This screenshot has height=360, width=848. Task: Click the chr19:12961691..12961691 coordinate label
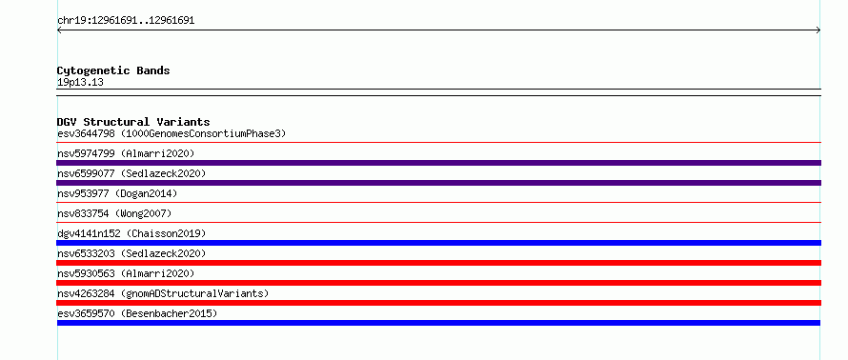tap(126, 21)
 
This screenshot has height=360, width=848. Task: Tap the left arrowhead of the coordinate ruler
tap(59, 30)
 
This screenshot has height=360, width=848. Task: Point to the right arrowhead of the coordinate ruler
tap(818, 30)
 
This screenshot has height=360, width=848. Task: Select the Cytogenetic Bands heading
tap(113, 70)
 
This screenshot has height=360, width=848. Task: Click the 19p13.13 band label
tap(80, 83)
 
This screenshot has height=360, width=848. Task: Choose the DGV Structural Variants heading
tap(133, 122)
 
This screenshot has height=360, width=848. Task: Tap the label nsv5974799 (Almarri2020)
tap(126, 153)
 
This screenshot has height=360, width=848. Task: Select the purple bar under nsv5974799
tap(438, 163)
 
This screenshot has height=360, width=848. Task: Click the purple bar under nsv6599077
tap(438, 183)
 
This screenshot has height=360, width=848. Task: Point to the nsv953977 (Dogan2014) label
tap(117, 193)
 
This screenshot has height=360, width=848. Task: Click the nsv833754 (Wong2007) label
tap(114, 213)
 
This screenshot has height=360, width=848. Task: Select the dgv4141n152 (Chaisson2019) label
tap(131, 233)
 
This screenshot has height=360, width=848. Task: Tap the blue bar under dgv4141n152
tap(438, 243)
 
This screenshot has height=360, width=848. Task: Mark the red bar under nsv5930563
tap(438, 283)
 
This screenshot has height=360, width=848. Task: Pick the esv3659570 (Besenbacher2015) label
tap(137, 313)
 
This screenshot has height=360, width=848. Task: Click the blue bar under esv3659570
tap(438, 323)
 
